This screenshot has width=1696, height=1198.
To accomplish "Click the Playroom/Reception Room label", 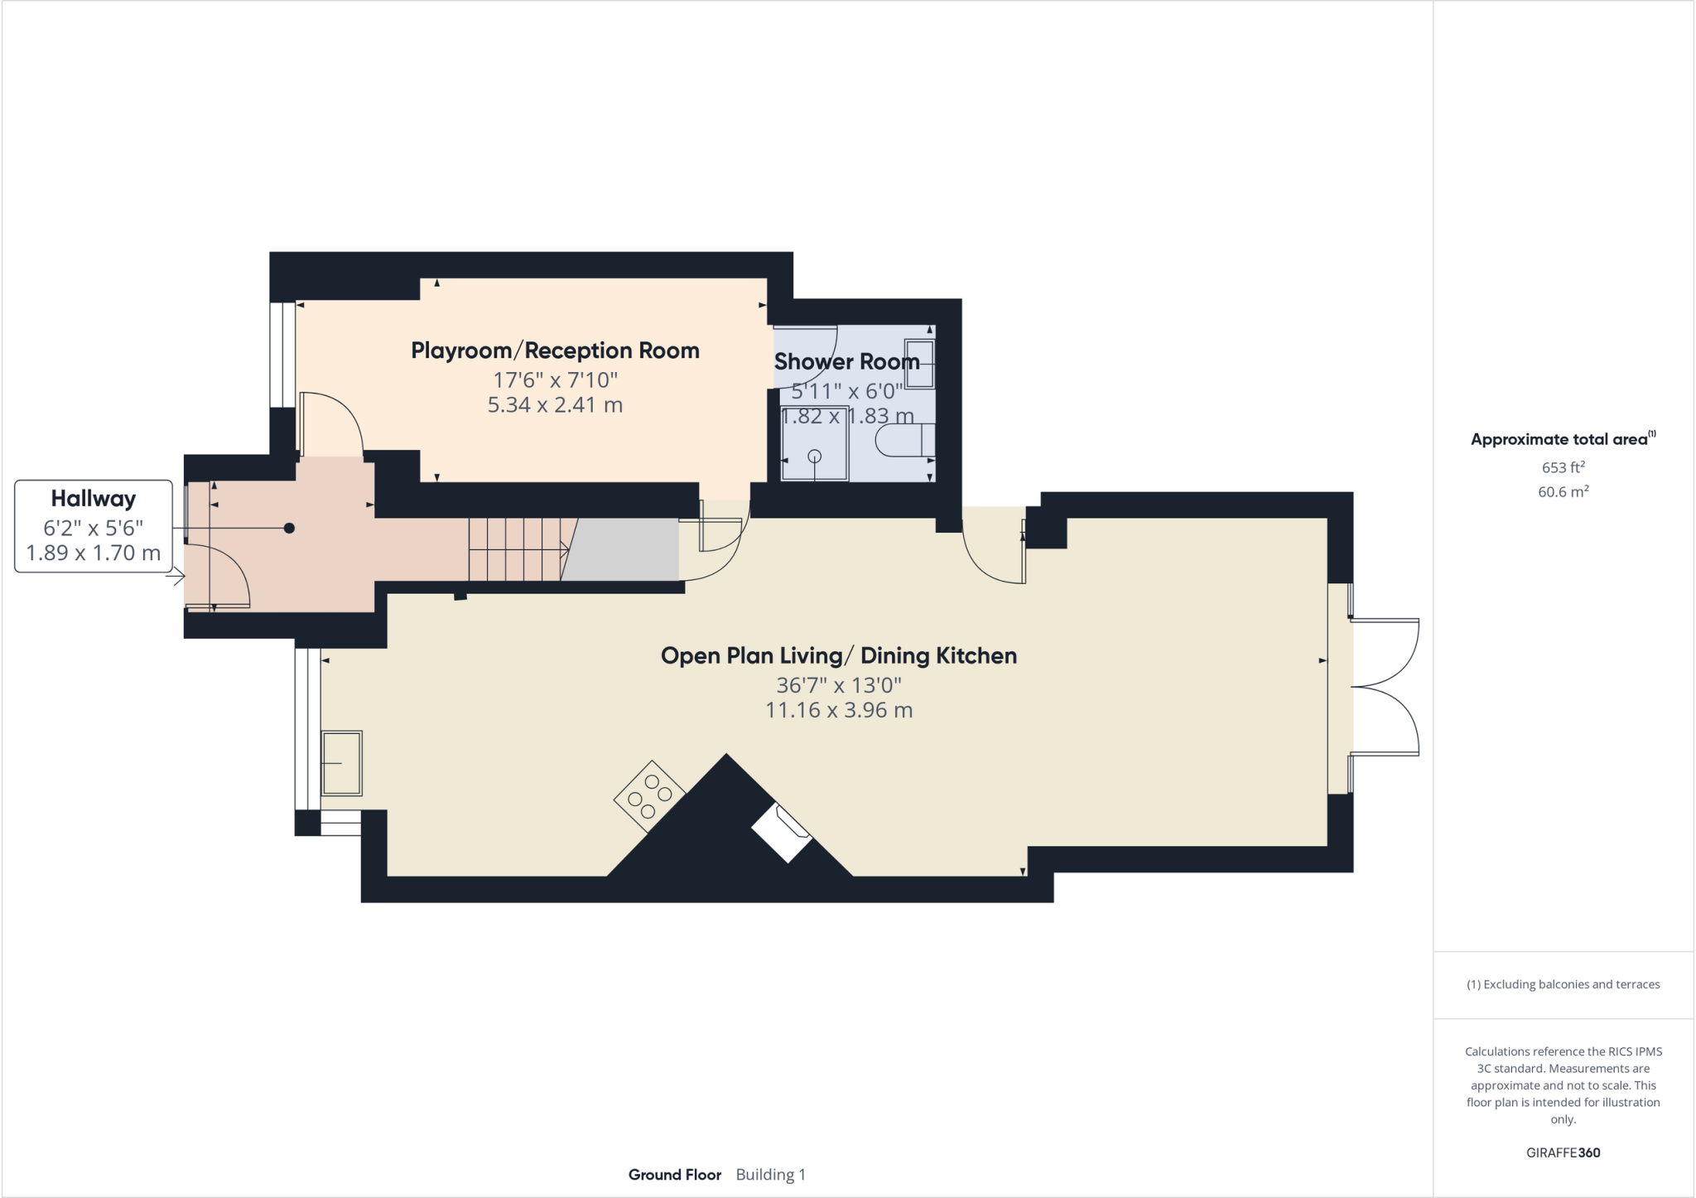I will (555, 350).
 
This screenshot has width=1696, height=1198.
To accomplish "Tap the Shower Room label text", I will (846, 361).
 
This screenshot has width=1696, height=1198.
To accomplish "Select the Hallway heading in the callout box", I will (93, 499).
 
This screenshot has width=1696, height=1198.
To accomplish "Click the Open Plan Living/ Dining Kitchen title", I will (838, 655).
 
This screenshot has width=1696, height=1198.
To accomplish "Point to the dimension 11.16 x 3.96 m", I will (838, 710).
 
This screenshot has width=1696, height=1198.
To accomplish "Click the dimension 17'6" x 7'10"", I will (555, 379).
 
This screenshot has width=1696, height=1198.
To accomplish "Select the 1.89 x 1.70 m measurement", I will (93, 553).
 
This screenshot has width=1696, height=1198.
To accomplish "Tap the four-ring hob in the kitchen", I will (650, 795).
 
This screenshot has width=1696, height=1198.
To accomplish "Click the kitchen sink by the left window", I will (341, 762).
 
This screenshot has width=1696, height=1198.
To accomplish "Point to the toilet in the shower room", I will (904, 440).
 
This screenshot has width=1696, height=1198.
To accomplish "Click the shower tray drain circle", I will (814, 456).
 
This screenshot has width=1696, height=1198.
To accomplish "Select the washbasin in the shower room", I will (919, 364).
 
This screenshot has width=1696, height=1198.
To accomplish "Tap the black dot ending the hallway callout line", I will (289, 528).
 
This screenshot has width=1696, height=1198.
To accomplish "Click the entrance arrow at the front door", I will (175, 577).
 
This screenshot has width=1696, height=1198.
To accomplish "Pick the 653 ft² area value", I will (1563, 467).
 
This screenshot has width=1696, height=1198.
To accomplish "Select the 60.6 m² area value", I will (1563, 492).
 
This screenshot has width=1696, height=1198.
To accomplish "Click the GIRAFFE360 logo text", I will (1563, 1152).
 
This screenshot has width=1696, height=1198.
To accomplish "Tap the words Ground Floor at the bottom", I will (674, 1174).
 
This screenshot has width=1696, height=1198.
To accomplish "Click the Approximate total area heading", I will (1559, 440).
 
